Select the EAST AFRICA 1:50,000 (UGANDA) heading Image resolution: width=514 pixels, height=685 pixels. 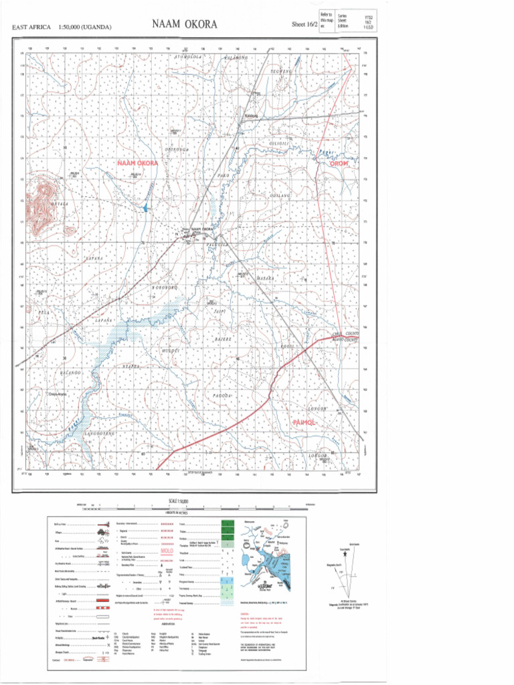[62, 27]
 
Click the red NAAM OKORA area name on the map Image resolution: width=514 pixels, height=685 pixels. [138, 163]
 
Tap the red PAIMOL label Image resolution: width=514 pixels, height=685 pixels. [307, 423]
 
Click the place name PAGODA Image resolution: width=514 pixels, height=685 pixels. [222, 396]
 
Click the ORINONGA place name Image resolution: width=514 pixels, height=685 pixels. [179, 149]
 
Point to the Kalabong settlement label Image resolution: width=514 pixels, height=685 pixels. [252, 115]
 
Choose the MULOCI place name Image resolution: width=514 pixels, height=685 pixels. [172, 350]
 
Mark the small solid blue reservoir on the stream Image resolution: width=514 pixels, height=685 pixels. [145, 208]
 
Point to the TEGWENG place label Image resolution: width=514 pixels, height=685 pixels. [281, 70]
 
